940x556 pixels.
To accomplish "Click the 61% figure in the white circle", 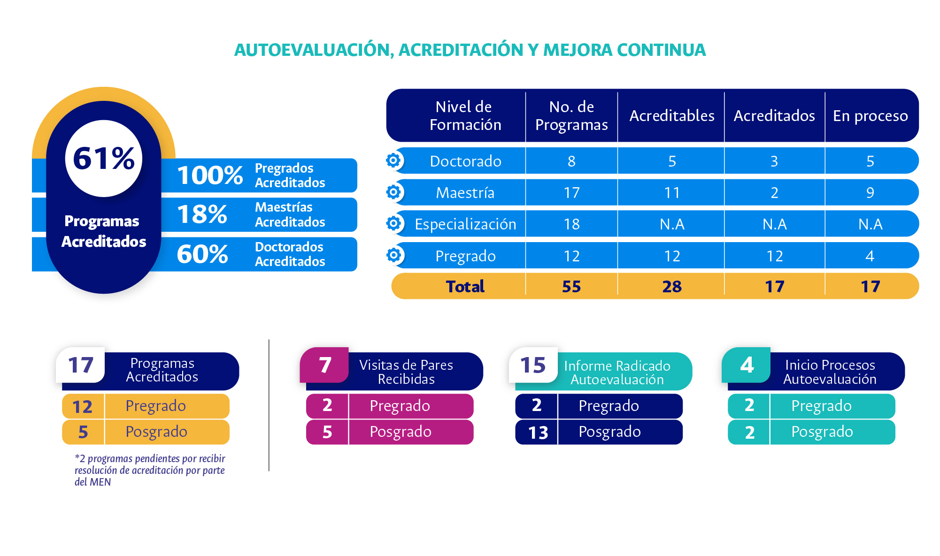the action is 104,158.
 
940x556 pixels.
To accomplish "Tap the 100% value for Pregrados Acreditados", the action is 210,175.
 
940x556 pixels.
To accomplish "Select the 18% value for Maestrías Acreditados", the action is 202,214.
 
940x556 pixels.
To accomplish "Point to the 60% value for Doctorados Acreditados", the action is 202,254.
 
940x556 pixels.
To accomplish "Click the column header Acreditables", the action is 672,115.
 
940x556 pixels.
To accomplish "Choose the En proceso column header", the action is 871,116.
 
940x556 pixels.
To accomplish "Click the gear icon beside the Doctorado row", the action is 393,160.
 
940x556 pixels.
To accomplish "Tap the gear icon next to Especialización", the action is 393,223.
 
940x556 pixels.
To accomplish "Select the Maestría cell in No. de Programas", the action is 571,192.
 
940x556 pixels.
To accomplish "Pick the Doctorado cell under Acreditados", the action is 774,161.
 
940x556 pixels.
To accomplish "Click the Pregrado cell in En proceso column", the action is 870,256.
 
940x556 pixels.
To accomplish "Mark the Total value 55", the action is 571,286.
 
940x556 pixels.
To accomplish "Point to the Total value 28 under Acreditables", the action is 672,286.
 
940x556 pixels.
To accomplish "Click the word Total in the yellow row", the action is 465,286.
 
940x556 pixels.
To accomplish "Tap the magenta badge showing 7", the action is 324,365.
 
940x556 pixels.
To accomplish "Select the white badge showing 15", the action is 533,365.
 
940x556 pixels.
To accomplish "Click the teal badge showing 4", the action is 746,365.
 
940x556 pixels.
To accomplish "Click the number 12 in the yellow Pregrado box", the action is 82,407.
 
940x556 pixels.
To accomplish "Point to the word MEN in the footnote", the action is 100,482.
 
